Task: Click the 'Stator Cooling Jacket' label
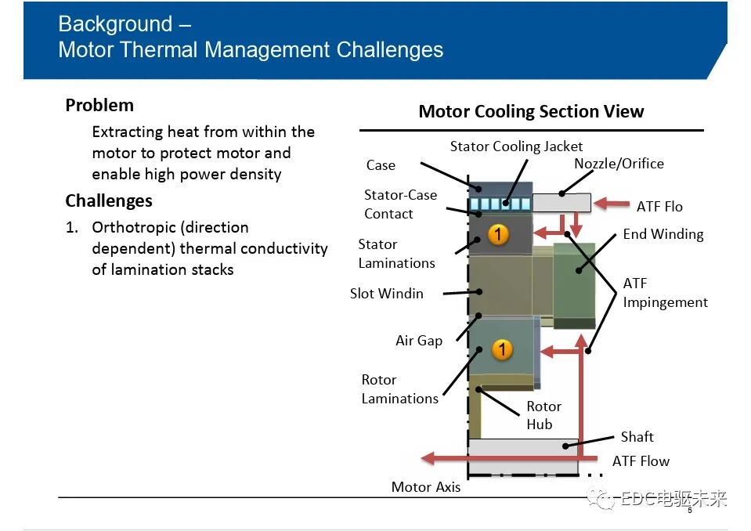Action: (516, 146)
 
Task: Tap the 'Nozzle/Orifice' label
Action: (619, 164)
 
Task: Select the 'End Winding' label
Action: (663, 234)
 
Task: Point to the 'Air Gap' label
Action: (419, 341)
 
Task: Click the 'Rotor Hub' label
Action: (543, 415)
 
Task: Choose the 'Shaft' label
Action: (637, 437)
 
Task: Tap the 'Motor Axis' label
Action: (426, 487)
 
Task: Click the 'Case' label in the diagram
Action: (381, 165)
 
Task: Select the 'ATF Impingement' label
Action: (665, 293)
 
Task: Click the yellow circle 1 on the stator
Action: (498, 234)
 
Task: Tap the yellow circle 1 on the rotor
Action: (502, 349)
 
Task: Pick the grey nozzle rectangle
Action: (561, 203)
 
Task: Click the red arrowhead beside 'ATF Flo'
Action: (601, 204)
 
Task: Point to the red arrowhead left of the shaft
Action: (428, 458)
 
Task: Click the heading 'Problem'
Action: (99, 105)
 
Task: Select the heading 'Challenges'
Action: (109, 200)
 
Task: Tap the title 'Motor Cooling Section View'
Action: (531, 111)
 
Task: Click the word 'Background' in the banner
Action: (115, 24)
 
